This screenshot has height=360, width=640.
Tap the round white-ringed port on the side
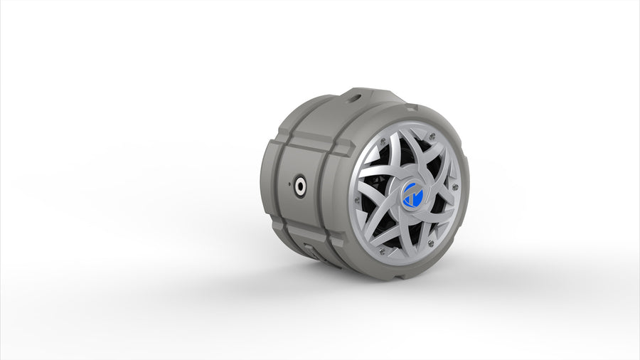click(301, 188)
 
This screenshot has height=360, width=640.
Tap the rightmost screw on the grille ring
click(456, 187)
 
